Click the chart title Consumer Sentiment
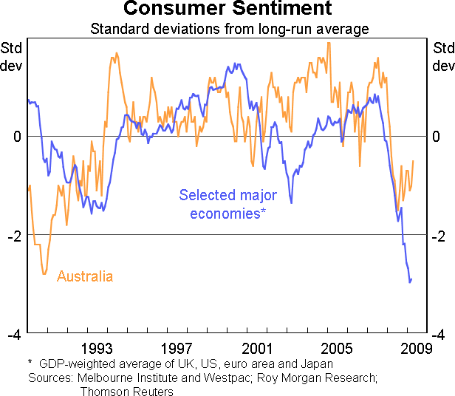coord(227,9)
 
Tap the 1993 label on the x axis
coord(97,348)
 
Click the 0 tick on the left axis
coord(18,137)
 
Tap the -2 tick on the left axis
coord(15,235)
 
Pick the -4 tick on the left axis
coord(15,334)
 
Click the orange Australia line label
coord(85,277)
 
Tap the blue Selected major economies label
coord(227,205)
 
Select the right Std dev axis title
coord(442,57)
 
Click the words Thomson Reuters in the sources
coord(126,392)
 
